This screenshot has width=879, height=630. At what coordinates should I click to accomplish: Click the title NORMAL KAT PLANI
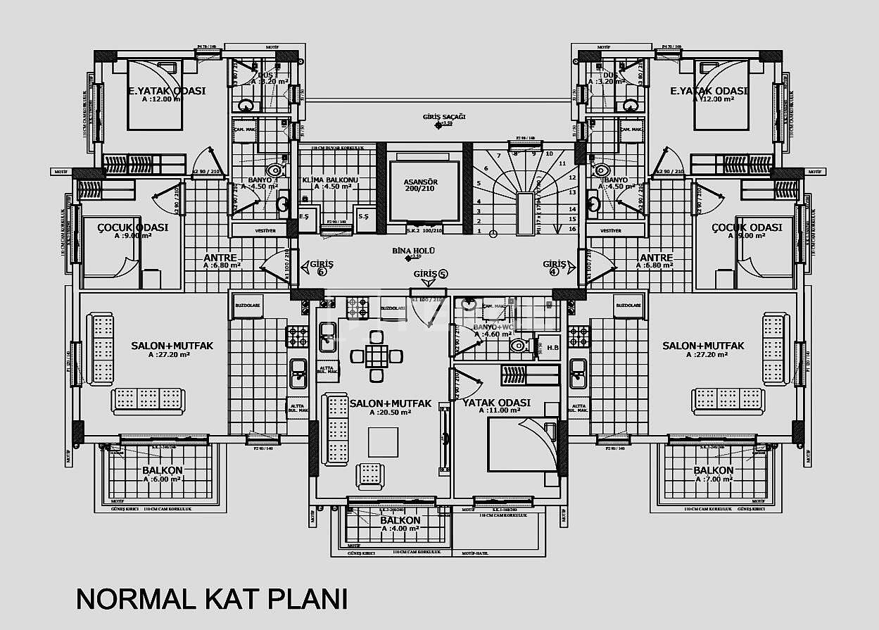coord(211,598)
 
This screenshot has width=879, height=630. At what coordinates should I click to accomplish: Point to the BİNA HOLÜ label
coord(413,251)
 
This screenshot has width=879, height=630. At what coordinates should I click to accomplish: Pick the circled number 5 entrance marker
coord(443,274)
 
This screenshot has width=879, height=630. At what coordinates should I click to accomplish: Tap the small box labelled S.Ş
coord(363,215)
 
